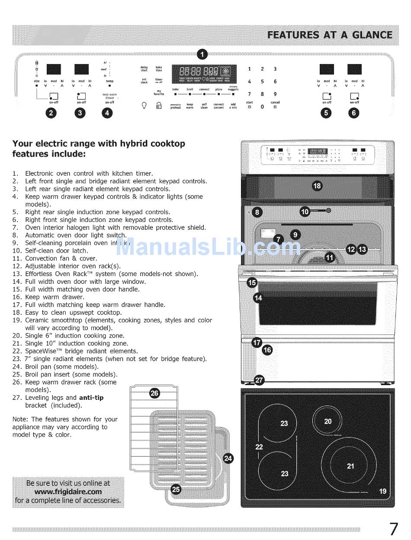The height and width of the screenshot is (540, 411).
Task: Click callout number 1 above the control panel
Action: pyautogui.click(x=202, y=54)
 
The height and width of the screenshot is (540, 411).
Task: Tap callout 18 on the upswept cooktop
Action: pyautogui.click(x=317, y=186)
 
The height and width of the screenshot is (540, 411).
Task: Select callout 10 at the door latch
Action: pyautogui.click(x=305, y=212)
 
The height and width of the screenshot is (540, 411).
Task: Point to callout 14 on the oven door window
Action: pyautogui.click(x=258, y=298)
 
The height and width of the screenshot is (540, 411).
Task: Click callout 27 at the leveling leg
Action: pyautogui.click(x=259, y=381)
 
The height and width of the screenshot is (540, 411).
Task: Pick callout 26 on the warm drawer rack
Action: pyautogui.click(x=154, y=393)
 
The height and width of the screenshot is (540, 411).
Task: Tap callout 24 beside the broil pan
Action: pyautogui.click(x=228, y=459)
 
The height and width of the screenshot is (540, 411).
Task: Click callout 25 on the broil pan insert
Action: pyautogui.click(x=176, y=489)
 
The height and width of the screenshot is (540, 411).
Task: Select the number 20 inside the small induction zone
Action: pyautogui.click(x=328, y=421)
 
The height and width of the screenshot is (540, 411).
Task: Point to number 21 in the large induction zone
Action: pyautogui.click(x=350, y=466)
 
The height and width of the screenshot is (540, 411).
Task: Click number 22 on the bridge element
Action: pyautogui.click(x=259, y=447)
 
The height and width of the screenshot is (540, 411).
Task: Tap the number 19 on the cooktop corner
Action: pyautogui.click(x=382, y=491)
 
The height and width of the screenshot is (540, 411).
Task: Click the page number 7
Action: pyautogui.click(x=393, y=529)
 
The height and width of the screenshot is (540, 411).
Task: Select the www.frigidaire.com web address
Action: pyautogui.click(x=68, y=492)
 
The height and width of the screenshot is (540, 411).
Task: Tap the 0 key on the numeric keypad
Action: pyautogui.click(x=262, y=106)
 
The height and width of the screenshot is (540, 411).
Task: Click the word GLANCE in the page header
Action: pyautogui.click(x=371, y=35)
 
